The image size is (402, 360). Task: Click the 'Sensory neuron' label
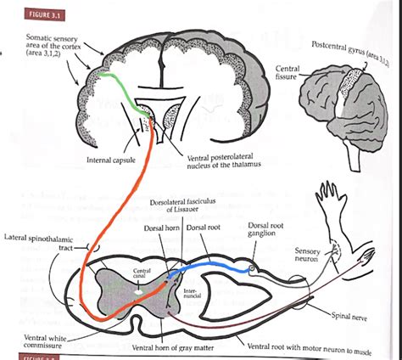point(307,256)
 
